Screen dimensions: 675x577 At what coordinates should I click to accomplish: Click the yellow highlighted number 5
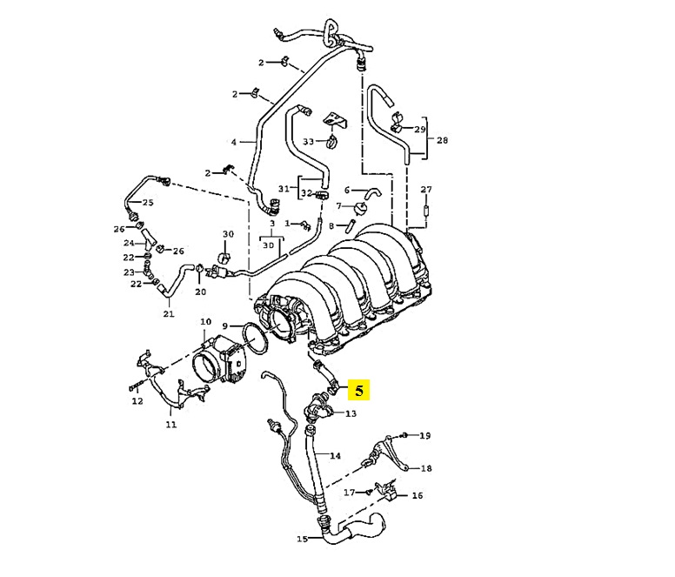[359, 390]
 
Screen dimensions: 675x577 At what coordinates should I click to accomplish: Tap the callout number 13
[351, 413]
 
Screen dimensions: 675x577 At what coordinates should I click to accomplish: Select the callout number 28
[442, 140]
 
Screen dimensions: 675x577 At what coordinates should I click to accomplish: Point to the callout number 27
[426, 189]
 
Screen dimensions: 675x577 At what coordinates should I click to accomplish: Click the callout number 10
[206, 322]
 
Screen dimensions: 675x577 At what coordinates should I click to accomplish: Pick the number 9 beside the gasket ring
[224, 326]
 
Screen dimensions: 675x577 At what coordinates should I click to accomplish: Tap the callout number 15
[302, 539]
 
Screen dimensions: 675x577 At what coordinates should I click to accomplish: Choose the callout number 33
[308, 141]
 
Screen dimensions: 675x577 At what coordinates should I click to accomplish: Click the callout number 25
[148, 203]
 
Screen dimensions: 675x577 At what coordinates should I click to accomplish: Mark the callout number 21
[169, 314]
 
